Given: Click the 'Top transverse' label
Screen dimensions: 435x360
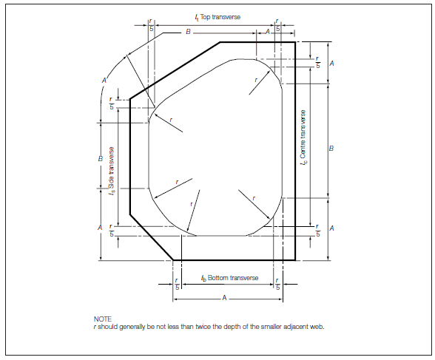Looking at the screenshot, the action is (x=220, y=17).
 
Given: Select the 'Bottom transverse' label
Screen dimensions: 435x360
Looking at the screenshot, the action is (x=233, y=278).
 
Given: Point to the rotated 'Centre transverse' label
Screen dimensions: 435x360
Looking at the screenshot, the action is (x=303, y=134).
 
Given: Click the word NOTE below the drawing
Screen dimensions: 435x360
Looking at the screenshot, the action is (x=103, y=319).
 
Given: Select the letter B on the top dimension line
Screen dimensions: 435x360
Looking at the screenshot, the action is (x=188, y=32).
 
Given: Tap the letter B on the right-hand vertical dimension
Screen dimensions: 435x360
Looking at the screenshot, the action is (x=331, y=149).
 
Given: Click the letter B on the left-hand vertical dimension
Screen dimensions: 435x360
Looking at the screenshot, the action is (x=101, y=158).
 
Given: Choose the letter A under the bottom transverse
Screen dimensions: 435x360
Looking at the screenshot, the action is (x=224, y=298).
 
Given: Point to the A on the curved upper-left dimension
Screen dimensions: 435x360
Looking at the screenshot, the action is (x=104, y=81).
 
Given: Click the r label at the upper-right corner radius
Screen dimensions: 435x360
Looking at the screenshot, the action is (x=256, y=80).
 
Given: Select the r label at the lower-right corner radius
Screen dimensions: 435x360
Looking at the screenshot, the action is (x=254, y=198).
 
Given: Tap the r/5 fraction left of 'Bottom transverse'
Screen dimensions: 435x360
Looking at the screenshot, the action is (x=178, y=284).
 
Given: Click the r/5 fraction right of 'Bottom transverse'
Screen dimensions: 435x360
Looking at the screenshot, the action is (x=277, y=284).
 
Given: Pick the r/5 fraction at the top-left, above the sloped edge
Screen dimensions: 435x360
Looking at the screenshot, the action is (x=151, y=25).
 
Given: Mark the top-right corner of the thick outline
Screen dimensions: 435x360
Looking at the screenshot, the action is (x=295, y=42).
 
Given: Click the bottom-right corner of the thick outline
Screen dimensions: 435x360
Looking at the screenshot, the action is (x=295, y=260).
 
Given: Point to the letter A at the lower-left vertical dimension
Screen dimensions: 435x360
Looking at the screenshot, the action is (x=100, y=228).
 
